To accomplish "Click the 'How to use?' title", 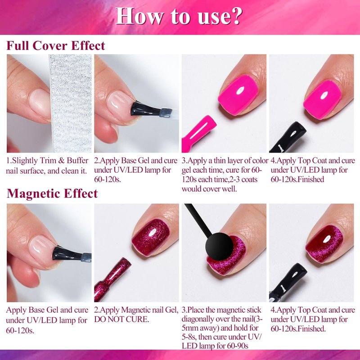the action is tap(179, 16).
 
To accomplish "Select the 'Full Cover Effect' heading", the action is tap(56, 45).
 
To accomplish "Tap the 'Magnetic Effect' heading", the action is tap(52, 193).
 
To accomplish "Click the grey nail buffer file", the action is tap(71, 103).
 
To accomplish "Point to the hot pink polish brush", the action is tap(198, 134).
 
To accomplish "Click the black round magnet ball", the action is tap(219, 246).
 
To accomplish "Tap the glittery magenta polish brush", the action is tap(112, 279).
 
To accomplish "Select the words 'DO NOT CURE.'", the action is tap(121, 319).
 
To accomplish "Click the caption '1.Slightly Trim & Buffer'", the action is tap(47, 161).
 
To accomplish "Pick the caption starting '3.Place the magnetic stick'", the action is tap(221, 310).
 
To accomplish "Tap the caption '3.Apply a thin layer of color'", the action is tap(225, 161).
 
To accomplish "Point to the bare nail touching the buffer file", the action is tap(40, 104).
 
